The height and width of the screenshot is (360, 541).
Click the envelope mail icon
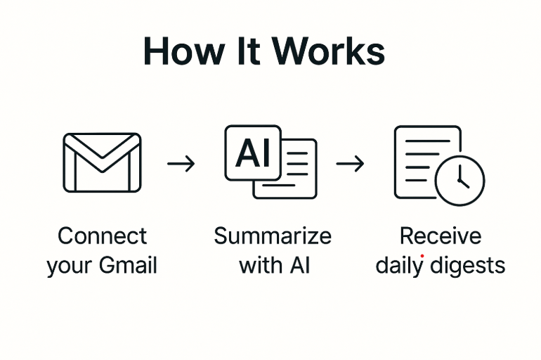click(102, 162)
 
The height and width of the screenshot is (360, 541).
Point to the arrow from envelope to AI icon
click(181, 164)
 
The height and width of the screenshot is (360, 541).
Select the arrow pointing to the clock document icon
click(350, 164)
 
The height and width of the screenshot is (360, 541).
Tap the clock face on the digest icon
click(459, 179)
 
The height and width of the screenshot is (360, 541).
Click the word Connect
click(103, 236)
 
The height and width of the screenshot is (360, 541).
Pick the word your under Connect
click(70, 266)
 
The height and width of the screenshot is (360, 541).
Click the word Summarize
click(272, 236)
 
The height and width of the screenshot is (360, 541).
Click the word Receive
click(441, 236)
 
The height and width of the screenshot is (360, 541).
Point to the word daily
click(400, 266)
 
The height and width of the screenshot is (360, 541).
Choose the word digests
click(467, 266)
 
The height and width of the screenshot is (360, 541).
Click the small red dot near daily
click(422, 257)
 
